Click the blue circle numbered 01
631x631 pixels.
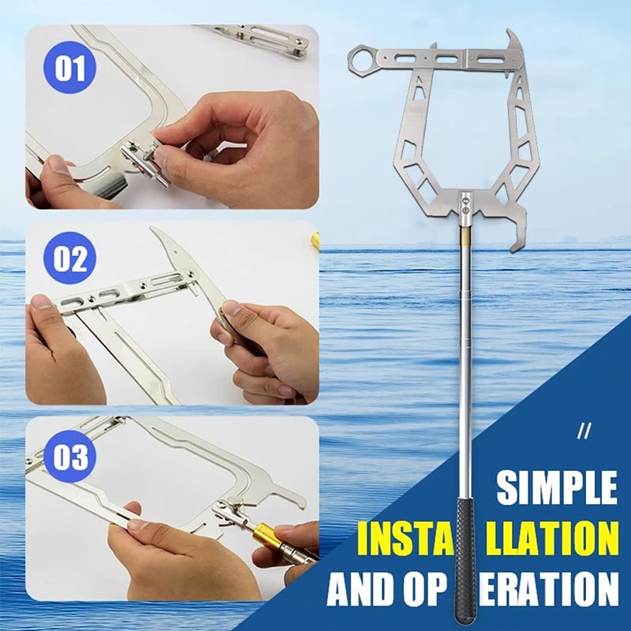click(69, 67)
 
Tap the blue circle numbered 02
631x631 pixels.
click(69, 258)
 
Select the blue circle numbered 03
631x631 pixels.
click(69, 457)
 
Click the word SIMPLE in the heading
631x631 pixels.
click(557, 487)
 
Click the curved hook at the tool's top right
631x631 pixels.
click(514, 43)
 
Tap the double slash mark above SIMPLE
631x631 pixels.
click(584, 432)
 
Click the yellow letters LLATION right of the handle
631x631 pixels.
click(551, 538)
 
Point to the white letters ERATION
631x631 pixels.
click(549, 588)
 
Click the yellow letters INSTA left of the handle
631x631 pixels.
click(406, 538)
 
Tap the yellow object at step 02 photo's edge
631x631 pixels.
click(316, 241)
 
